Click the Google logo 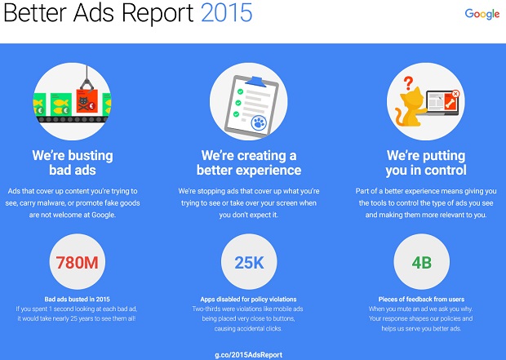coord(482,14)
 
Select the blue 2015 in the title coord(227,13)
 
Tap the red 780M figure coord(78,263)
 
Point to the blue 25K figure coord(249,263)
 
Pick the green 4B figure coord(422,263)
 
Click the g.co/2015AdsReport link coord(248,355)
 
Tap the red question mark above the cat coord(408,83)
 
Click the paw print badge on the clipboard coord(259,123)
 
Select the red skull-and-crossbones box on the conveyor coord(87,101)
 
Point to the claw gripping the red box coord(87,81)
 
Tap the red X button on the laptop coord(455,94)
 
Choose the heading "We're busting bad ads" coord(73,162)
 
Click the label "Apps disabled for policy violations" coord(248,300)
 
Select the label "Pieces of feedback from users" coord(421,300)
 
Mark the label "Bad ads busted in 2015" coord(78,300)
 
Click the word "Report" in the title coord(158,14)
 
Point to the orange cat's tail coord(400,118)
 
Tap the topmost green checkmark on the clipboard coord(240,91)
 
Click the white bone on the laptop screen coord(451,104)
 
